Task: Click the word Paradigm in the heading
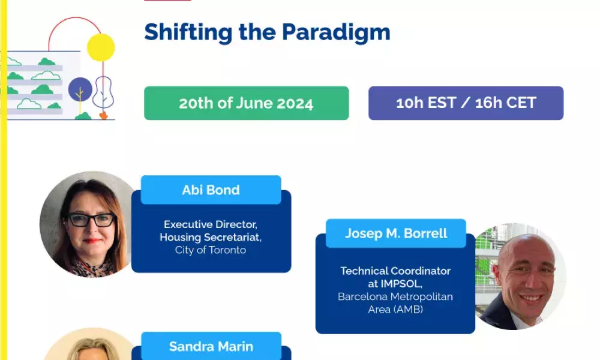(336, 32)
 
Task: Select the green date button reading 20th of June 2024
(247, 103)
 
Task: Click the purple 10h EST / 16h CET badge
(466, 103)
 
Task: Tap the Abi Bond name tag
(211, 190)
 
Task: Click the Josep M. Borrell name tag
(396, 233)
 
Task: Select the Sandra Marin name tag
(211, 346)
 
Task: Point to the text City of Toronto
(211, 250)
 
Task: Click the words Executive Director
(211, 224)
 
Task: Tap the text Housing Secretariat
(211, 237)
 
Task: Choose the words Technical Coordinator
(395, 271)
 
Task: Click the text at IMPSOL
(395, 284)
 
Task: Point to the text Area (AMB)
(395, 309)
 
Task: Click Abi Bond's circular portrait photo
(89, 224)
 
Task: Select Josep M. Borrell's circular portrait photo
(520, 276)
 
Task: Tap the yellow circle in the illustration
(101, 47)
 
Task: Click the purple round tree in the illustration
(80, 89)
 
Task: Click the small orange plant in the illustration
(103, 115)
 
